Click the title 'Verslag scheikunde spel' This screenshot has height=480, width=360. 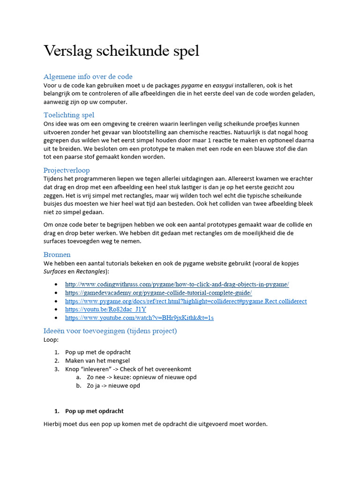[x=121, y=51]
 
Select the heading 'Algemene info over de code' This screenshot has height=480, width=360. [x=88, y=76]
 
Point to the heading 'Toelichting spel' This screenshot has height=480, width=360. [x=69, y=115]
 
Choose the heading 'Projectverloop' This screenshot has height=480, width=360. [x=67, y=170]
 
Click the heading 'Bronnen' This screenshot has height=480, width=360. [x=57, y=255]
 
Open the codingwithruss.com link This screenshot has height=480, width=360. [x=177, y=284]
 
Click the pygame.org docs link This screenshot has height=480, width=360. [x=186, y=301]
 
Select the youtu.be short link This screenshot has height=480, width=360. [x=105, y=309]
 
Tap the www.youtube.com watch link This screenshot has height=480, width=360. [x=139, y=318]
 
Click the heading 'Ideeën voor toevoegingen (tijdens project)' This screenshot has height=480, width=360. [x=110, y=331]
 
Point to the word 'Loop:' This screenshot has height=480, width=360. [x=51, y=339]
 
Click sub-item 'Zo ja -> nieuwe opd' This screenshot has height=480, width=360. [x=113, y=386]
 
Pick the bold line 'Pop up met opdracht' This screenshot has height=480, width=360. [x=94, y=411]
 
